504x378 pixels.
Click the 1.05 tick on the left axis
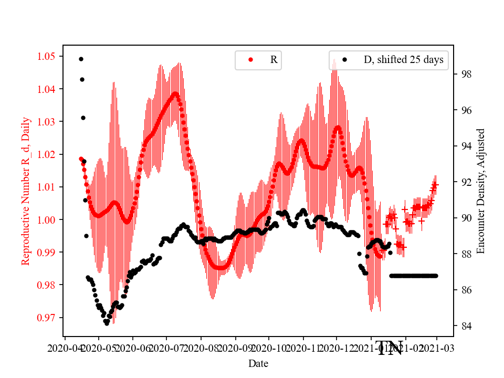tap(49, 56)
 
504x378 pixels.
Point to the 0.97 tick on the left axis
tap(49, 318)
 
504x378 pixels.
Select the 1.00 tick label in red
tap(49, 219)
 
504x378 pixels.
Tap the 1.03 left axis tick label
tap(49, 121)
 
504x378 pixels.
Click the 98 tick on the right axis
tap(465, 74)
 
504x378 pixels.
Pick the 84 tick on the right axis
tap(465, 326)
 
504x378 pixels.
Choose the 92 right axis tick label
tap(465, 182)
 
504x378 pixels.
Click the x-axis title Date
tap(258, 363)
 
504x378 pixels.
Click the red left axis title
tap(26, 191)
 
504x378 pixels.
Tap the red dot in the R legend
tap(250, 60)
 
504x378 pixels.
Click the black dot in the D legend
tap(345, 60)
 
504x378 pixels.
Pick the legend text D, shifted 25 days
tap(403, 60)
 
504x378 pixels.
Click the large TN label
tap(390, 348)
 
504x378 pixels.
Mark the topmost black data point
tap(81, 59)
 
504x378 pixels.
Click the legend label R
tap(274, 60)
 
